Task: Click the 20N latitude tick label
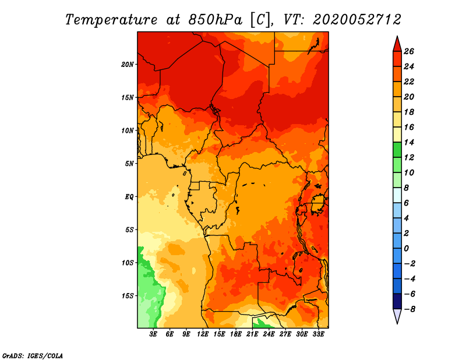point(127,65)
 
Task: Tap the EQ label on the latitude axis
point(129,197)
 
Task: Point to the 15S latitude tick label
point(127,296)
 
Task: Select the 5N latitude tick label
point(129,164)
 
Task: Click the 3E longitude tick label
point(153,334)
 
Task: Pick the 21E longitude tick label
point(252,334)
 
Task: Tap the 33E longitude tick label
point(318,334)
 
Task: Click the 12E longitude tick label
point(202,334)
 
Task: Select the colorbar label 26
point(409,51)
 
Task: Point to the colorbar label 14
point(409,142)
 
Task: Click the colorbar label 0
point(406,248)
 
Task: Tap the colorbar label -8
point(409,309)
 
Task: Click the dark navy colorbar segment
point(397,301)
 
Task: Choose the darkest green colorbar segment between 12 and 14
point(397,150)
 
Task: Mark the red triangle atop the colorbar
point(397,44)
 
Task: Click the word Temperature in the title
point(111,20)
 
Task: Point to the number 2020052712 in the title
point(357,20)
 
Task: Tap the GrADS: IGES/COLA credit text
point(33,355)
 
